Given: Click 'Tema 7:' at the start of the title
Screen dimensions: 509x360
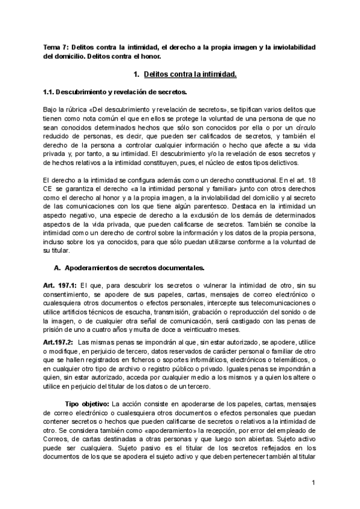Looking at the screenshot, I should point(56,47).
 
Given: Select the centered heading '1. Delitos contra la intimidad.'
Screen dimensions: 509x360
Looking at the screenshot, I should point(185,74).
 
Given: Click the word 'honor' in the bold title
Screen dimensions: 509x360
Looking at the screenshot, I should point(152,56).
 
